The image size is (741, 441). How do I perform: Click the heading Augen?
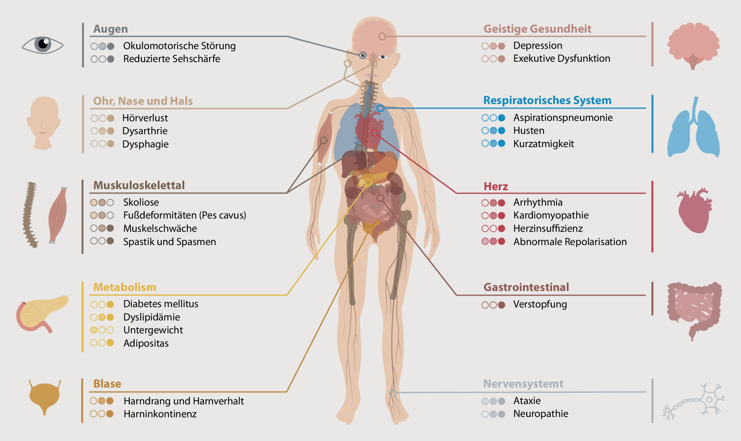[110, 29]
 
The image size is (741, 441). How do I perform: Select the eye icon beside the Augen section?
[43, 45]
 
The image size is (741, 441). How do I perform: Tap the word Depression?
[537, 46]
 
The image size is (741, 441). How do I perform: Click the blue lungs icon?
[693, 129]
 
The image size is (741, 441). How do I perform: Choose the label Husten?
[528, 131]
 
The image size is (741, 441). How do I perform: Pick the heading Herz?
[495, 186]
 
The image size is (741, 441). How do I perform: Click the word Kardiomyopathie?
[551, 215]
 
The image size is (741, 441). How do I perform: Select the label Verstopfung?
[540, 304]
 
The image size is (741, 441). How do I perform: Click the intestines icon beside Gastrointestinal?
[694, 309]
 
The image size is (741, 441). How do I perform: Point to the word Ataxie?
[527, 401]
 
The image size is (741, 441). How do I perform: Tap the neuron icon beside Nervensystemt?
[694, 401]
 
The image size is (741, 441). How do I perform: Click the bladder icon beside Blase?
[45, 397]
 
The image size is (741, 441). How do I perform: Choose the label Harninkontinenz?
[160, 414]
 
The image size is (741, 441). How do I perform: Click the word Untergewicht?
[153, 330]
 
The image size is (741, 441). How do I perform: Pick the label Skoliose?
[141, 202]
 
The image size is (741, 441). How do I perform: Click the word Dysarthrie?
[144, 131]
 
